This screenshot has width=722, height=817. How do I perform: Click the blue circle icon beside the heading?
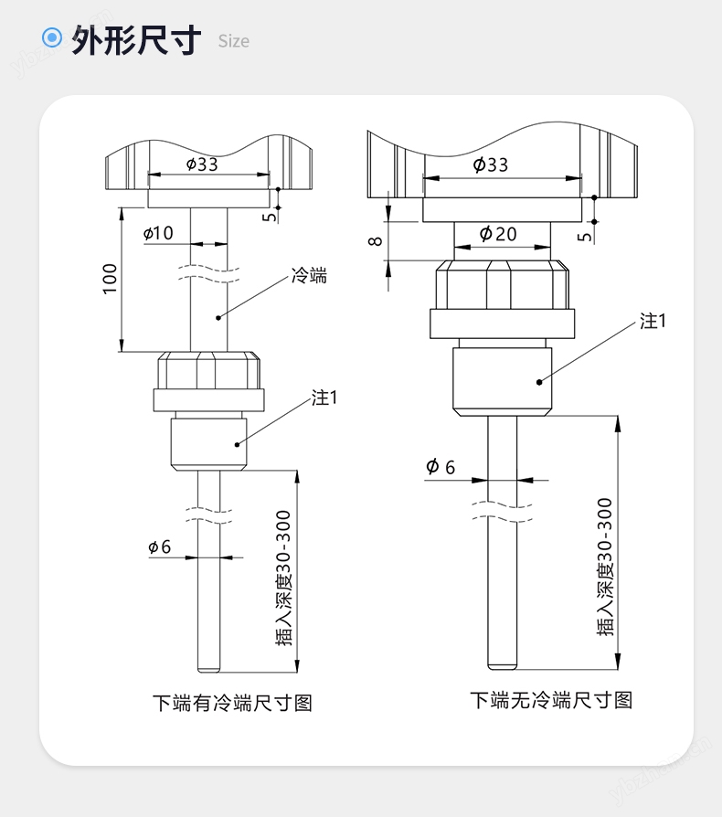click(53, 38)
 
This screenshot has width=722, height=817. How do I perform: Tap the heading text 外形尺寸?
click(136, 39)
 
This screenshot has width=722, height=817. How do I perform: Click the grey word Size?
click(233, 41)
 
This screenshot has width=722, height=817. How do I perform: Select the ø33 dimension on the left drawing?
click(202, 164)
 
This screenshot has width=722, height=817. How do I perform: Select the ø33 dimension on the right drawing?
click(491, 164)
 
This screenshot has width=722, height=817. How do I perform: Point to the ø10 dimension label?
click(158, 233)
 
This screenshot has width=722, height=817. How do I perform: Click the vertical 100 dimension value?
click(110, 279)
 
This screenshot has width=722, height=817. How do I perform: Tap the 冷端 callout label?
click(309, 275)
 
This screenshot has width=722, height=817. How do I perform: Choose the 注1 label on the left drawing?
click(325, 398)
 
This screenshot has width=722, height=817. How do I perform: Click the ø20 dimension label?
click(498, 234)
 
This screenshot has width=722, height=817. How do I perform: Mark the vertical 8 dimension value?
click(374, 241)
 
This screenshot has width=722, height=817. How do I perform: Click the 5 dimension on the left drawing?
click(268, 217)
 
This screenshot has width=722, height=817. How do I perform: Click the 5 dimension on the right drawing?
click(585, 236)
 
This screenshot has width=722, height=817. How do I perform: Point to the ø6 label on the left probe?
click(159, 546)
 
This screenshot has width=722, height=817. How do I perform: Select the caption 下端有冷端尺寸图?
click(232, 703)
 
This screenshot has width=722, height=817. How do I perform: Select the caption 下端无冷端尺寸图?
click(551, 700)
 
